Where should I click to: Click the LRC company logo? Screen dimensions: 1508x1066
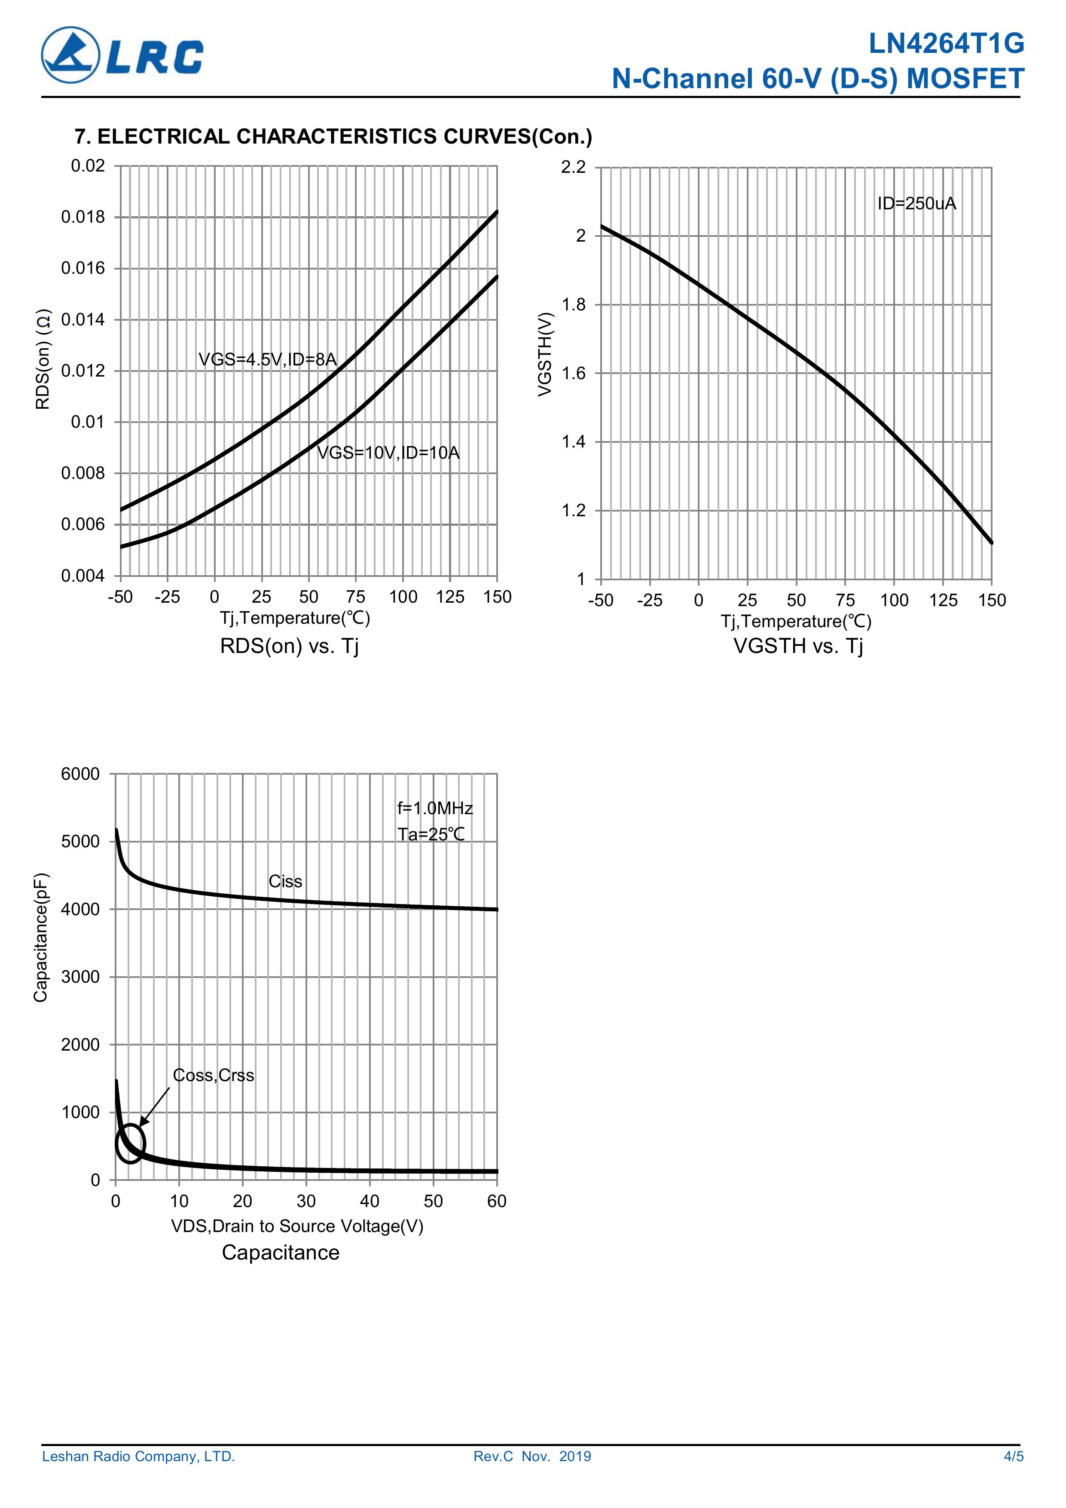(122, 55)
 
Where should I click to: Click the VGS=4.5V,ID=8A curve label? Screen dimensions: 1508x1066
(267, 359)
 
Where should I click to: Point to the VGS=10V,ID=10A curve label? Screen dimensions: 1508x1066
(388, 453)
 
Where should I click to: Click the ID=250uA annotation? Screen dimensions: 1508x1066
(916, 204)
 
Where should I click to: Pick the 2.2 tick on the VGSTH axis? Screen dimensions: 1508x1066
(573, 168)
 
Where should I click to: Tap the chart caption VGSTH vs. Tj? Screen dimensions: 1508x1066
(797, 646)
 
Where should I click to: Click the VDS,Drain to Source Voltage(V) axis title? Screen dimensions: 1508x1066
(297, 1226)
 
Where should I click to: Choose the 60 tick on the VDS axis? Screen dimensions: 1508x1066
(497, 1201)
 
